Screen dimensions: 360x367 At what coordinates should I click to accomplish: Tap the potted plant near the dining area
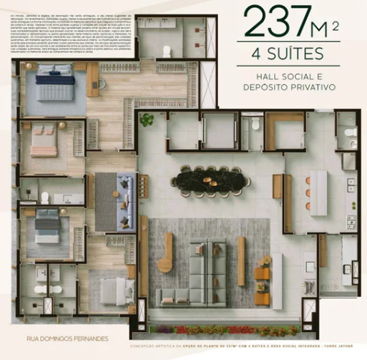pos(147,120)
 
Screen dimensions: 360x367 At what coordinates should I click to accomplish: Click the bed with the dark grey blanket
pos(48,228)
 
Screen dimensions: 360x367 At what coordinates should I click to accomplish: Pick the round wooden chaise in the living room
pos(165,262)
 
